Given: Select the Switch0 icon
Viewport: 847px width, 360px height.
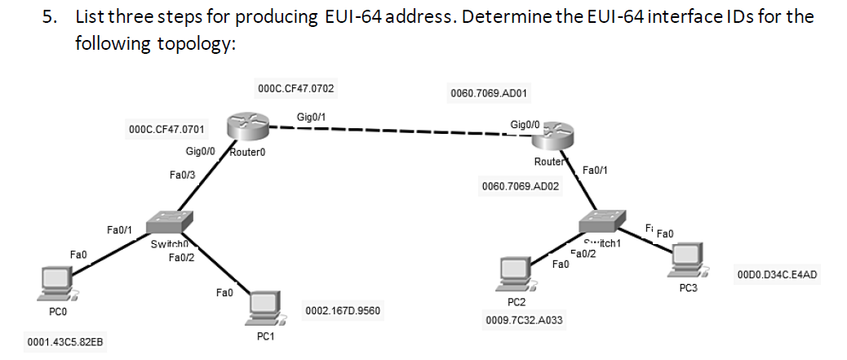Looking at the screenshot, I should pyautogui.click(x=171, y=220).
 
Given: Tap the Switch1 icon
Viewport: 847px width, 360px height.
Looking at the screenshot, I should pyautogui.click(x=601, y=220).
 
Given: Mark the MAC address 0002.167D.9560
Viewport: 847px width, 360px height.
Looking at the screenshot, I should pyautogui.click(x=341, y=311).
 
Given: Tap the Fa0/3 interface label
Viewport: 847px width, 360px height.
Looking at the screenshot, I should pyautogui.click(x=182, y=175).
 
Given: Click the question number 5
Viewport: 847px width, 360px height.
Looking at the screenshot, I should pyautogui.click(x=50, y=16).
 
